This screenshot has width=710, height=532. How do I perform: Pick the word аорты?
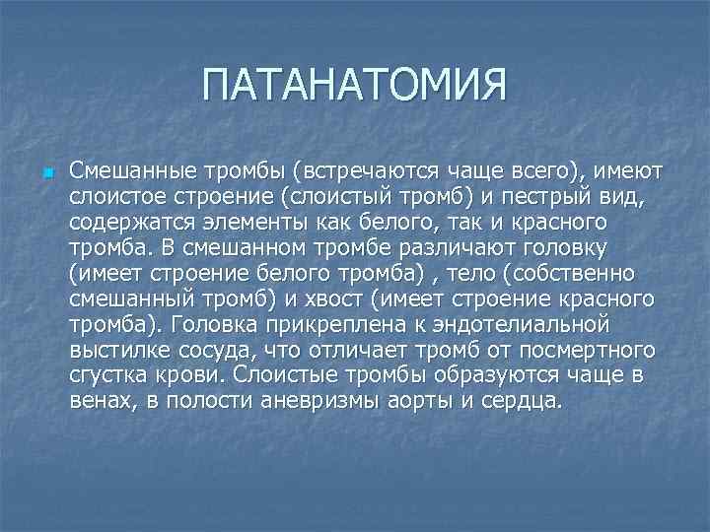423,402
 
